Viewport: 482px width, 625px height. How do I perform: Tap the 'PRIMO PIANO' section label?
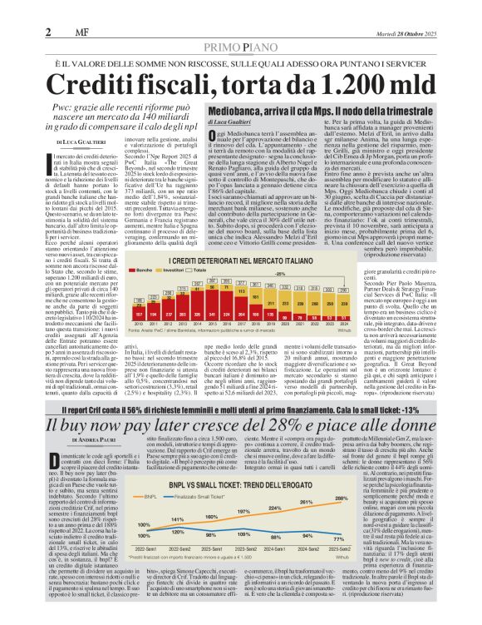point(240,49)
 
